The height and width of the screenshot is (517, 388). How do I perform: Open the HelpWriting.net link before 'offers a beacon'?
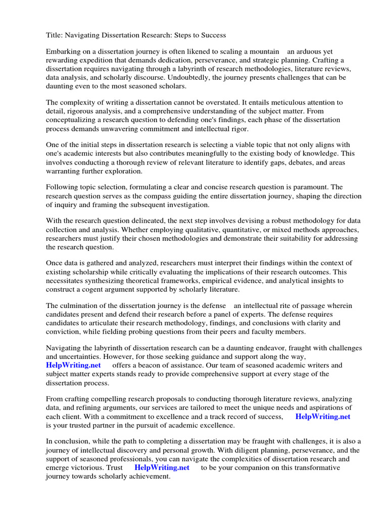(73, 365)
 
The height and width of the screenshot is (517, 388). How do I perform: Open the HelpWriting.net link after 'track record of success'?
(322, 417)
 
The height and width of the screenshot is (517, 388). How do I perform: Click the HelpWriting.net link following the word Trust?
(162, 468)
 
